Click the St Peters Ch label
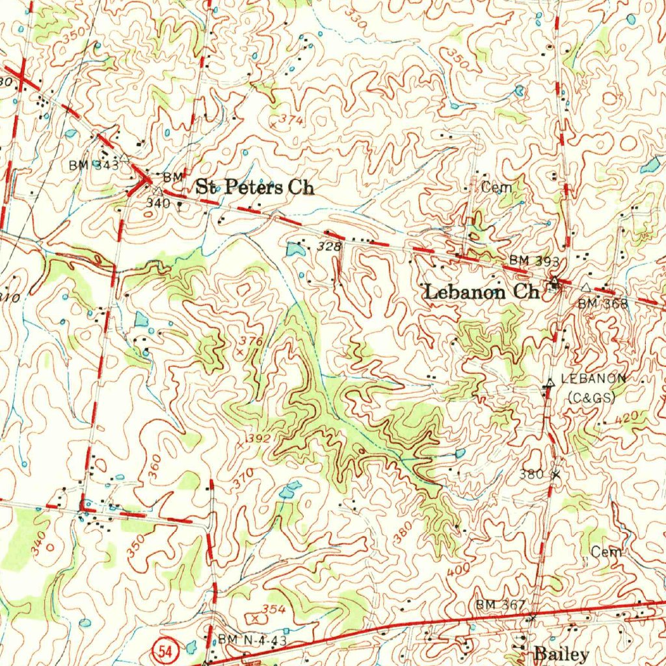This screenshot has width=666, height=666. click(255, 188)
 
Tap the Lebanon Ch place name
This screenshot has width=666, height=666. click(481, 292)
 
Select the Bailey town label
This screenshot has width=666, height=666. click(561, 654)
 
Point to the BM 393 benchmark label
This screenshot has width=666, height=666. click(534, 260)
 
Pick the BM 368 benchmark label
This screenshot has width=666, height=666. click(603, 303)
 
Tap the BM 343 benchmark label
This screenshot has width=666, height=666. click(94, 165)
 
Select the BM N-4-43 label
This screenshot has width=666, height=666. click(252, 640)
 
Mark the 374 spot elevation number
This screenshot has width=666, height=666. click(291, 120)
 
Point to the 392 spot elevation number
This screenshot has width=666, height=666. click(258, 439)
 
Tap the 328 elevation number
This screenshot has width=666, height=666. click(329, 246)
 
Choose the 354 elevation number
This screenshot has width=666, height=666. click(274, 609)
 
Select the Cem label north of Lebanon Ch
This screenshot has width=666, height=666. click(497, 187)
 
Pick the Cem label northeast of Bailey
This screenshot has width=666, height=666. click(606, 552)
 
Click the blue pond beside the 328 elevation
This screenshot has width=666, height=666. click(294, 249)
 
